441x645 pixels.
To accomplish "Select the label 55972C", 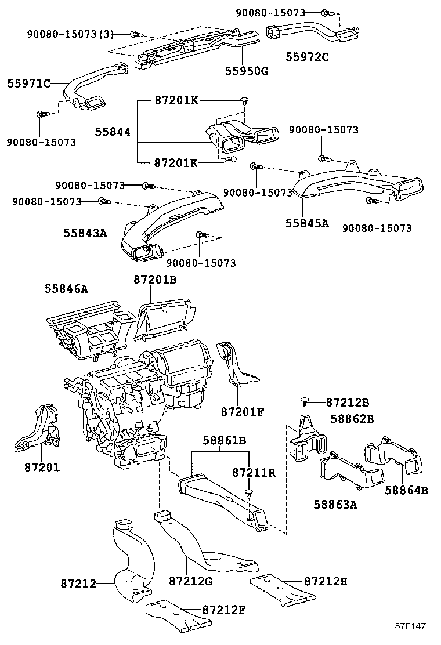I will (x=307, y=57).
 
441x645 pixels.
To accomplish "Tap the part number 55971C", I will (x=29, y=84).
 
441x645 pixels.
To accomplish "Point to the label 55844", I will (x=112, y=132).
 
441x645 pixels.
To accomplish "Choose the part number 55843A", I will (x=85, y=233).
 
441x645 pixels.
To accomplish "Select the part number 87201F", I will (x=243, y=412).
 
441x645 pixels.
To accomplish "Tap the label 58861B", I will (x=225, y=441).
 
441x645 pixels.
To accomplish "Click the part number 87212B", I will (x=348, y=402).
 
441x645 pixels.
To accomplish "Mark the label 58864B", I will (x=406, y=490).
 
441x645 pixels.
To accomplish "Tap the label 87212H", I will (x=326, y=581).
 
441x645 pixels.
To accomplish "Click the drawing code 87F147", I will (x=411, y=626).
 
